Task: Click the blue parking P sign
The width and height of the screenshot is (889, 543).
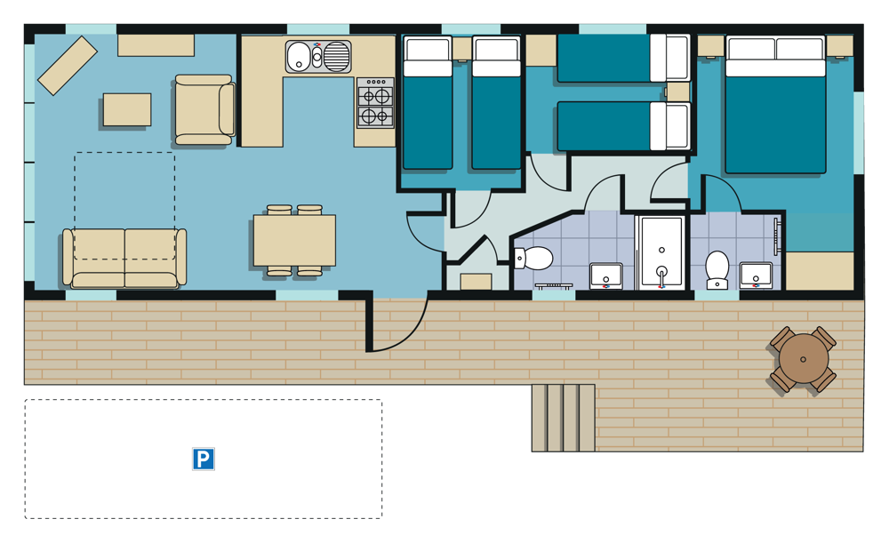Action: (204, 459)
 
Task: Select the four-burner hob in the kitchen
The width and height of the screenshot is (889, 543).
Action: (375, 102)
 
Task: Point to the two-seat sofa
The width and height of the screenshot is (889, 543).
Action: (124, 258)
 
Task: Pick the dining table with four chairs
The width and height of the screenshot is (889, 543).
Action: (294, 240)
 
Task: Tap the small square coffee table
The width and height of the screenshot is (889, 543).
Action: (127, 109)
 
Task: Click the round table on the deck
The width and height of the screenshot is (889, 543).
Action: (804, 359)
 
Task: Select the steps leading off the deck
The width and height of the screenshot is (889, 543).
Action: (563, 418)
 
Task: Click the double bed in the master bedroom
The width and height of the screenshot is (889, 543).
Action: (775, 104)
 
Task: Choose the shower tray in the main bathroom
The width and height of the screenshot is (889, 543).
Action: (661, 252)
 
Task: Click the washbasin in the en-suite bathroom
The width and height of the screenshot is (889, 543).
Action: (756, 275)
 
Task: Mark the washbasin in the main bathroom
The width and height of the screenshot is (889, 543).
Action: (606, 276)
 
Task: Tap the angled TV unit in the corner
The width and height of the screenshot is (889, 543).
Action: (68, 66)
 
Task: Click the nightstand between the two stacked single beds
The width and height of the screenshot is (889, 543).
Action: (677, 92)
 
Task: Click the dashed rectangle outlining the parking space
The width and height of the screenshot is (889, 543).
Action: (203, 400)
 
